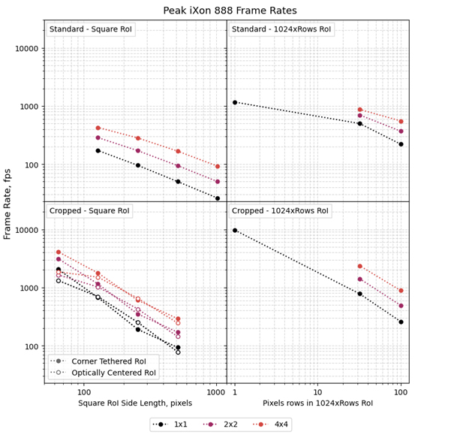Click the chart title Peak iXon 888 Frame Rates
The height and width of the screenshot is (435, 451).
pyautogui.click(x=230, y=11)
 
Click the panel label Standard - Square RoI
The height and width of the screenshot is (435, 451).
pyautogui.click(x=90, y=30)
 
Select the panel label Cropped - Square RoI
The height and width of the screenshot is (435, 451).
pyautogui.click(x=90, y=211)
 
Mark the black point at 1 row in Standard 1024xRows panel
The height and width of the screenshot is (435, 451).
pyautogui.click(x=235, y=102)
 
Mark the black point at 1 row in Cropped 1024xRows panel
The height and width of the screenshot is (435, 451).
pyautogui.click(x=235, y=231)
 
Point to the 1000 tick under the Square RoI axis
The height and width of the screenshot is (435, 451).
pyautogui.click(x=217, y=392)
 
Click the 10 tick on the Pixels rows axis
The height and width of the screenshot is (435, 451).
pyautogui.click(x=317, y=392)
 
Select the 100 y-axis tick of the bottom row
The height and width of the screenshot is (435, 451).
pyautogui.click(x=32, y=346)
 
